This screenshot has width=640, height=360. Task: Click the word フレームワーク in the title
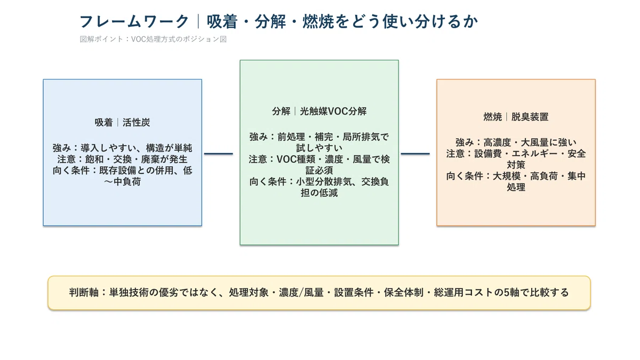click(134, 22)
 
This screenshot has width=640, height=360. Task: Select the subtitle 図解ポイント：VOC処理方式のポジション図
click(153, 39)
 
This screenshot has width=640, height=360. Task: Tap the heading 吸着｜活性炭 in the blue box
click(122, 123)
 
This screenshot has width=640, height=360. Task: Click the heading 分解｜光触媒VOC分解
click(319, 111)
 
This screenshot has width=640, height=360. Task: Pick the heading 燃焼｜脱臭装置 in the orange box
click(516, 117)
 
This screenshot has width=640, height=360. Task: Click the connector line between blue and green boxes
click(219, 154)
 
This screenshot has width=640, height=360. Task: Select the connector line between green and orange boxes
click(415, 154)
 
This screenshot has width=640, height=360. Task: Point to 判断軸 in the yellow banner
click(84, 293)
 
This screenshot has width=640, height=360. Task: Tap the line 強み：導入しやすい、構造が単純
click(122, 148)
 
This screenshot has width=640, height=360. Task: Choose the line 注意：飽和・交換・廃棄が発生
click(122, 159)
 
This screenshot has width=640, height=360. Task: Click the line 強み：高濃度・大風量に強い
click(516, 142)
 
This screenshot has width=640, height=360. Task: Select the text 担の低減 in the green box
click(319, 193)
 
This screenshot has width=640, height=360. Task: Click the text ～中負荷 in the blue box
click(122, 182)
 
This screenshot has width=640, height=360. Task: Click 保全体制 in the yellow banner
click(403, 293)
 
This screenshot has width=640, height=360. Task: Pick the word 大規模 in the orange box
click(507, 176)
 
